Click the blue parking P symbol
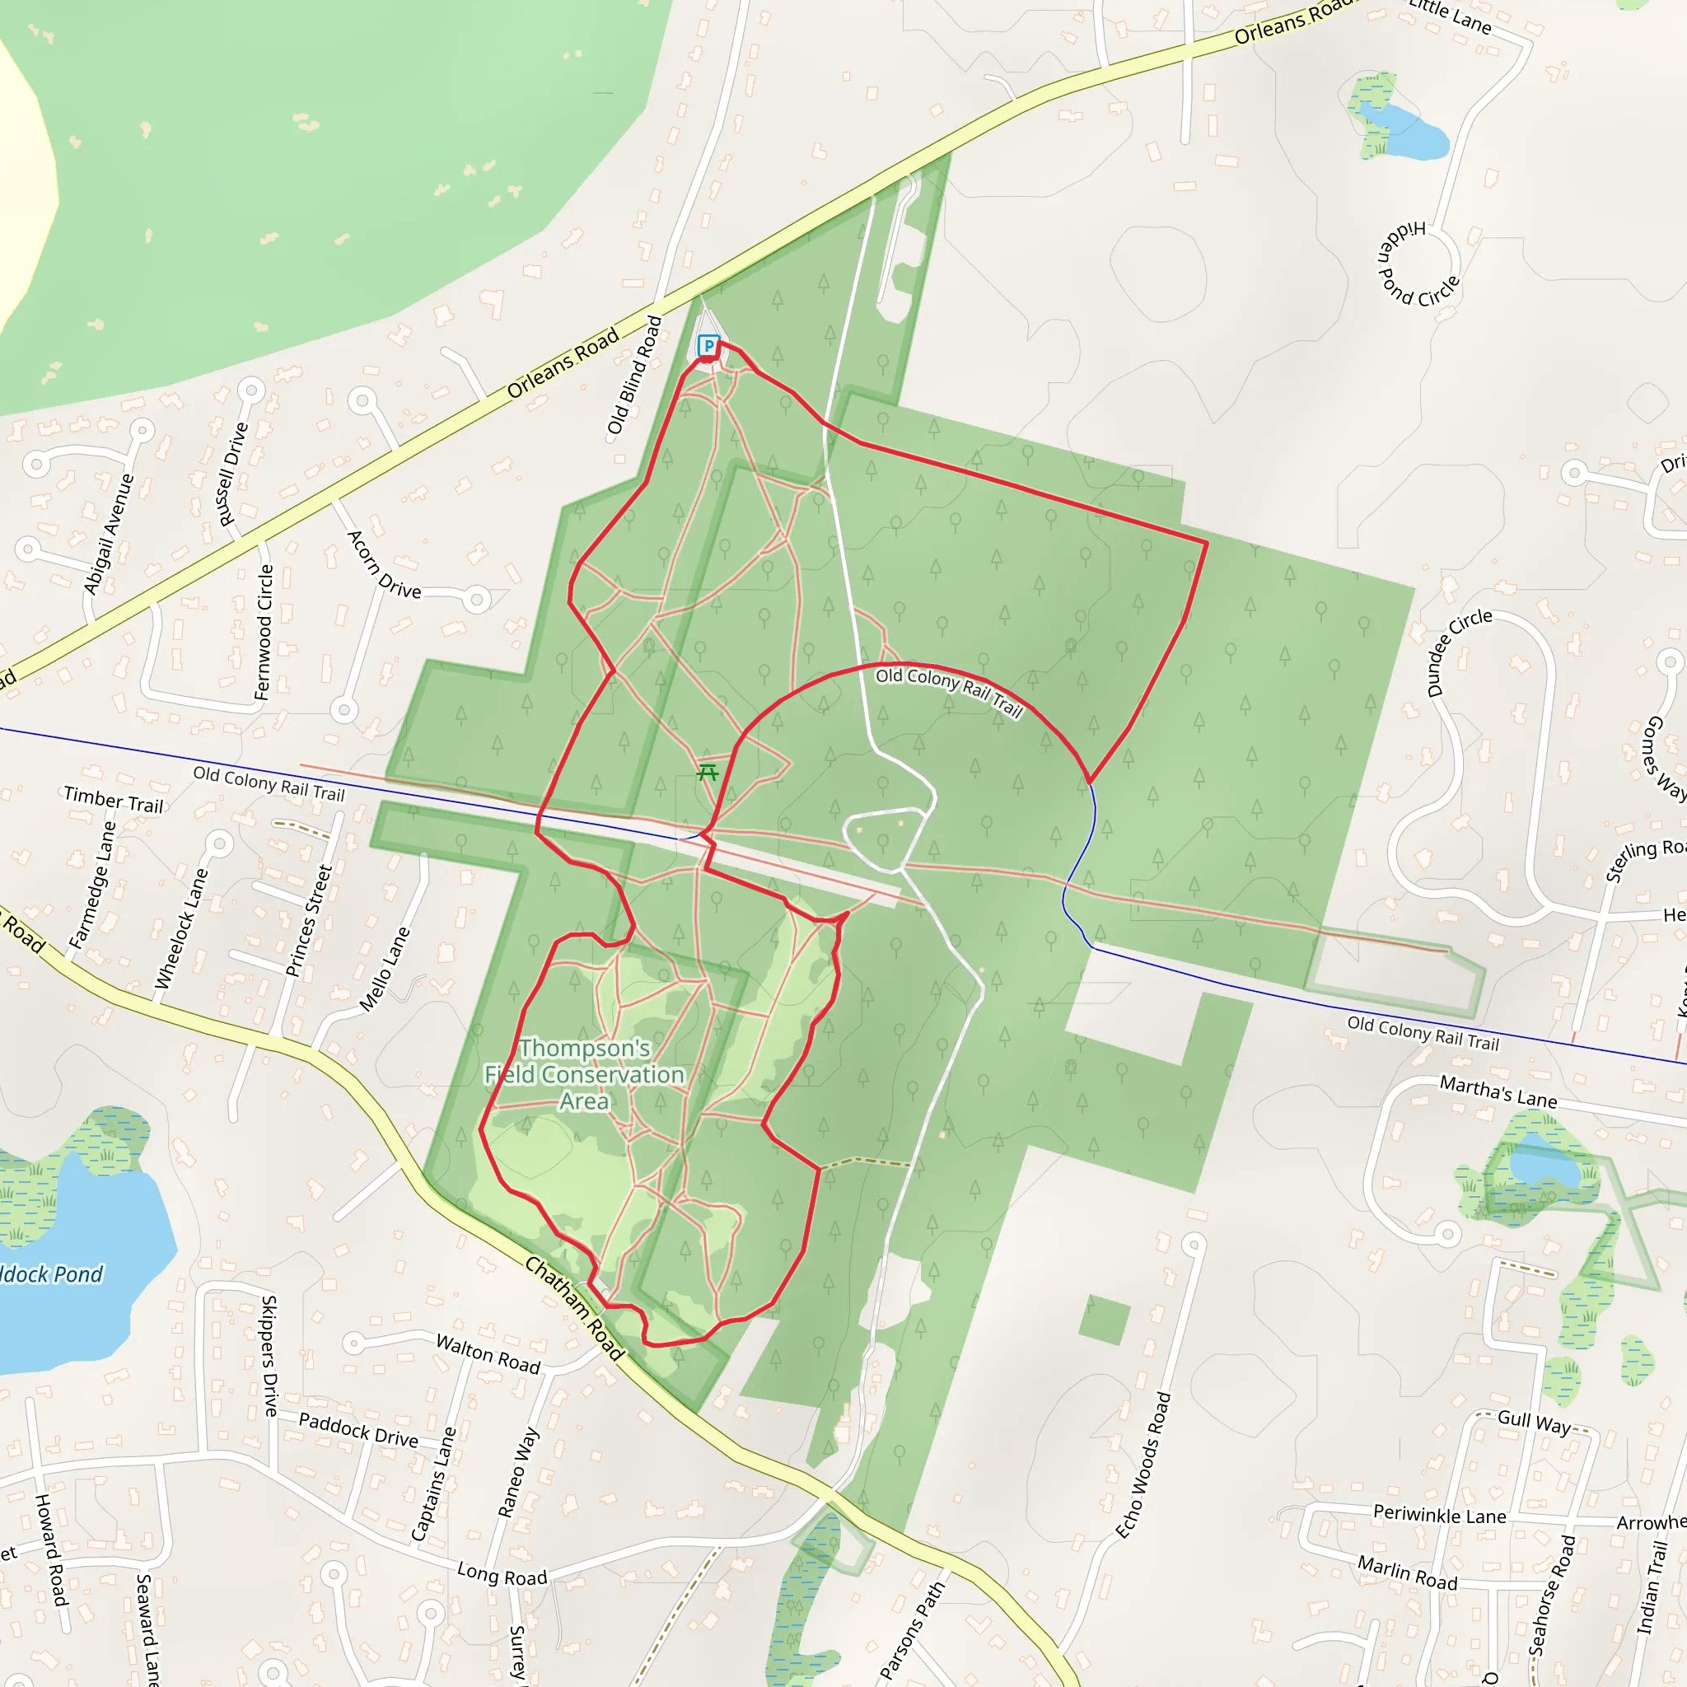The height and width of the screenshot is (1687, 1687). click(x=708, y=346)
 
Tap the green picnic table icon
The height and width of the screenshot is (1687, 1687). click(x=708, y=772)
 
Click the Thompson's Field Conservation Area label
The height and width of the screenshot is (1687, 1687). click(x=584, y=1074)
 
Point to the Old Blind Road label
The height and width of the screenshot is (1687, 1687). click(x=635, y=376)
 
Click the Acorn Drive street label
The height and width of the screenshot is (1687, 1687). click(x=384, y=565)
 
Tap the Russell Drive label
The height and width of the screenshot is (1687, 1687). click(x=233, y=474)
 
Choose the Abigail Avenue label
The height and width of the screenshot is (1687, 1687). click(x=110, y=535)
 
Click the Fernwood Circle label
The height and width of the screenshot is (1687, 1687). click(x=264, y=632)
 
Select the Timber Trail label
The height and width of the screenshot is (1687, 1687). click(x=114, y=800)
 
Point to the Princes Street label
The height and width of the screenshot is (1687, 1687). click(x=309, y=920)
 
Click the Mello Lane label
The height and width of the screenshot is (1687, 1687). click(x=384, y=970)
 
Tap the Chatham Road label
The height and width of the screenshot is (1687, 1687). click(x=575, y=1308)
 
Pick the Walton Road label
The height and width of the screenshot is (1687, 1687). click(x=488, y=1353)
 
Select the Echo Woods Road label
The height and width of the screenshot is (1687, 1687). click(x=1143, y=1465)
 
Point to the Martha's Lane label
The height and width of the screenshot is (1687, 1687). click(x=1498, y=1091)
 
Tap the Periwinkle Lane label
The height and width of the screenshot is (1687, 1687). click(x=1439, y=1515)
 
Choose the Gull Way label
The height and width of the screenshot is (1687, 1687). click(x=1534, y=1423)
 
